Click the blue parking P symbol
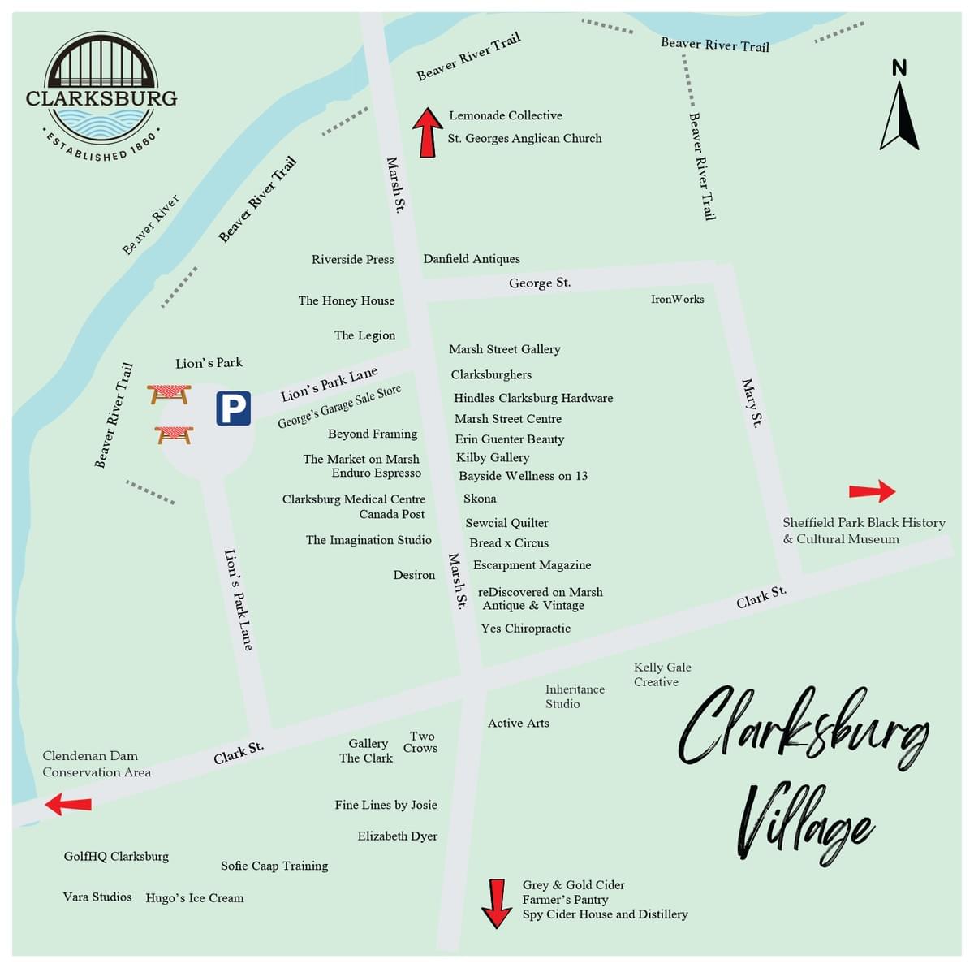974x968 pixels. click(233, 408)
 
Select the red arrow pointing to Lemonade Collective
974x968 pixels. click(427, 132)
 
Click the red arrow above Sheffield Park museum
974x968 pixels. click(872, 490)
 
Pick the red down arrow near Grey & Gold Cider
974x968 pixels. click(495, 902)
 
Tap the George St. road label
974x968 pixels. click(540, 283)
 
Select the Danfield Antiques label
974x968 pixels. click(472, 259)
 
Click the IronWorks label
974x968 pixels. click(677, 299)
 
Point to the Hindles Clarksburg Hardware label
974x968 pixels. click(533, 398)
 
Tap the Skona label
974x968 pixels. click(480, 499)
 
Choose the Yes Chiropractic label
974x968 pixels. click(525, 629)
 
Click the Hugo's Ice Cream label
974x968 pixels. click(195, 898)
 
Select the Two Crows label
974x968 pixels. click(420, 742)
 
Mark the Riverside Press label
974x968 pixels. click(352, 260)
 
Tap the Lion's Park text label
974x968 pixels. click(209, 363)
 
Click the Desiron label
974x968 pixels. click(414, 575)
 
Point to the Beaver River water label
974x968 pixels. click(151, 224)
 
